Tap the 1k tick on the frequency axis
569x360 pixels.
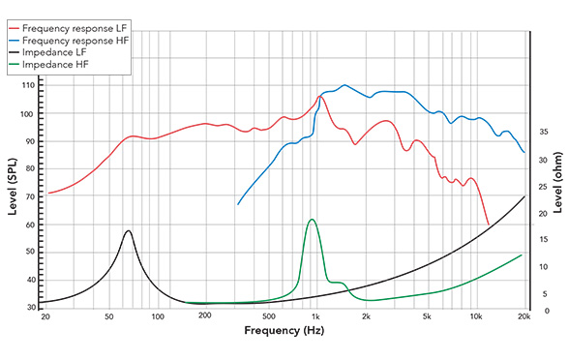click(x=314, y=316)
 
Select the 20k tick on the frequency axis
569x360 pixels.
click(x=524, y=316)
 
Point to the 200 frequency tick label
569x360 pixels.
click(x=204, y=316)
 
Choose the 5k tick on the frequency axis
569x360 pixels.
click(x=426, y=316)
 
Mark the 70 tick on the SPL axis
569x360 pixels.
click(x=28, y=197)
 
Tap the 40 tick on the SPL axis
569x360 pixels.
click(x=28, y=281)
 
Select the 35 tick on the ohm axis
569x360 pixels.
click(x=543, y=132)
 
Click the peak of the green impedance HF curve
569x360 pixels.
click(x=311, y=220)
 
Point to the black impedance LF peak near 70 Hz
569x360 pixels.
click(x=128, y=230)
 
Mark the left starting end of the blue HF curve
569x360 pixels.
click(x=238, y=204)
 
